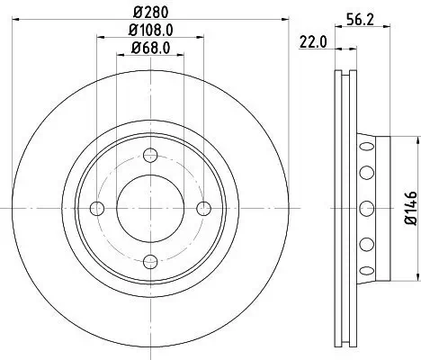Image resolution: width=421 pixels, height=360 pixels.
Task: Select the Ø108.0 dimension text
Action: coord(151,31)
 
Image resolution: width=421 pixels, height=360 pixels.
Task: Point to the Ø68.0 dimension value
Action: coord(150,48)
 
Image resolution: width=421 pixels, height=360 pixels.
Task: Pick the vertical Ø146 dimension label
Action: coord(410,208)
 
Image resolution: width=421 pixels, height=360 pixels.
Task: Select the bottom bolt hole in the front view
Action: coord(150,261)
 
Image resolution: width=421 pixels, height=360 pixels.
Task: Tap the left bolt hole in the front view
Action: coord(97,208)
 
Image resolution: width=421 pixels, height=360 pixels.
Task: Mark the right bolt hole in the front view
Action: coord(204,208)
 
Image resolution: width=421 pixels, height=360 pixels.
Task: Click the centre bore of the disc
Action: coord(150,208)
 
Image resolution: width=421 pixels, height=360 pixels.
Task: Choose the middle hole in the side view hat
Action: coord(366,208)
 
